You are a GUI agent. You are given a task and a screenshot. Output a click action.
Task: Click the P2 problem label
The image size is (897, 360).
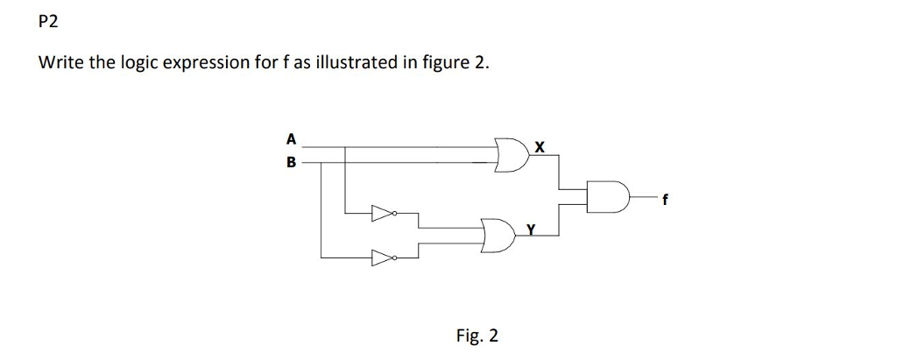[49, 24]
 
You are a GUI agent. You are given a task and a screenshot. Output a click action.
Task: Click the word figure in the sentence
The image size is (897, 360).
[442, 64]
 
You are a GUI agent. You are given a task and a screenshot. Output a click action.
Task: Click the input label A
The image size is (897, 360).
[291, 138]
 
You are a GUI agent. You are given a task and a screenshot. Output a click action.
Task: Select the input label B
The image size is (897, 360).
[291, 162]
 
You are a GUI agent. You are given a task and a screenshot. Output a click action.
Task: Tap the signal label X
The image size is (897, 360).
[540, 148]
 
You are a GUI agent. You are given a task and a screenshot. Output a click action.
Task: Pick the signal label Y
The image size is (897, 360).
[530, 229]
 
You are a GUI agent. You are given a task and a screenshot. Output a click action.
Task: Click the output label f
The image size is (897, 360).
[665, 200]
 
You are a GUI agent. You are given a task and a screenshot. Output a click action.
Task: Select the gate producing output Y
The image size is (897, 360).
[497, 235]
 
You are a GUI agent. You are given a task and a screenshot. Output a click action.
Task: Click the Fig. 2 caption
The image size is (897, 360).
[477, 335]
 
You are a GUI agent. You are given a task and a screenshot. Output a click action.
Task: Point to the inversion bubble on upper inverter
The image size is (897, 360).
[395, 212]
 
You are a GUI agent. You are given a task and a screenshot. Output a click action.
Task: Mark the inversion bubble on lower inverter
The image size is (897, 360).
[395, 258]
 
